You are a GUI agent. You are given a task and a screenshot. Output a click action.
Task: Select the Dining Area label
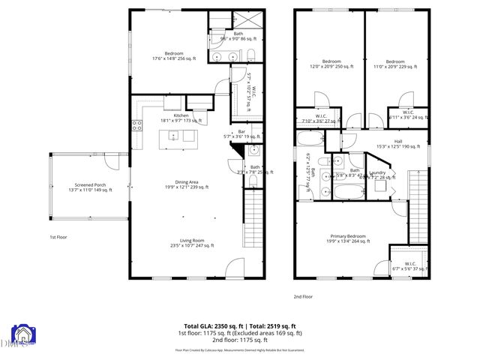click(x=182, y=184)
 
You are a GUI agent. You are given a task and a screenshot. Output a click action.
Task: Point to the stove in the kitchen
click(x=137, y=126)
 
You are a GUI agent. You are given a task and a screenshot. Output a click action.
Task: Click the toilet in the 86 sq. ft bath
click(x=250, y=55)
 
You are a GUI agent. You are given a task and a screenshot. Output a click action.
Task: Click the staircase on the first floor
click(x=252, y=217)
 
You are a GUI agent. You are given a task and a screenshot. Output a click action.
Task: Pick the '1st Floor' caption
click(x=59, y=236)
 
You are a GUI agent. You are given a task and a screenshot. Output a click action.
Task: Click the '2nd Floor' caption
click(x=303, y=296)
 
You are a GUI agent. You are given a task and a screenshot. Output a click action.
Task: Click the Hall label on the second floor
click(x=397, y=144)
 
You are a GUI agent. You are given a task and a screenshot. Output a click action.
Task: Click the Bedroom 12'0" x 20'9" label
click(x=331, y=64)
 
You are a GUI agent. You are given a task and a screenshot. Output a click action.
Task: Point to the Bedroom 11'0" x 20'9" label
click(x=395, y=64)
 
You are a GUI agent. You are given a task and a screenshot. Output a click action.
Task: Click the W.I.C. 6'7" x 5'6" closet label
click(x=409, y=265)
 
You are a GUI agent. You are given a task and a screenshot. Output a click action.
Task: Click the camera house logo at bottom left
click(x=22, y=337)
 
